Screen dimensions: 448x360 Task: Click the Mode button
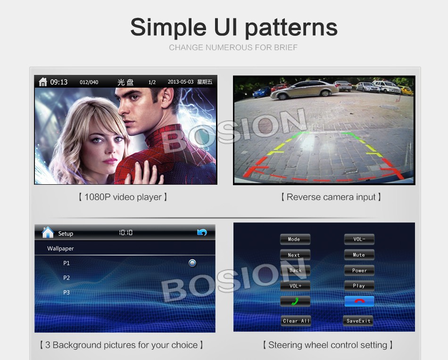coord(295,239)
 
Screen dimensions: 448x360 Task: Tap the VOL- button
coord(359,239)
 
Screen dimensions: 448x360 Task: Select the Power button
coord(359,270)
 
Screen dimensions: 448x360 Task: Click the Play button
coord(359,286)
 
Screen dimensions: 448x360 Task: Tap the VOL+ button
coord(295,286)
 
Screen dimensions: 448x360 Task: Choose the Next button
coord(295,255)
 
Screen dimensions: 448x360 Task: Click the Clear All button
coord(296,321)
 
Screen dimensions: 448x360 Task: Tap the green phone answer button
coord(295,301)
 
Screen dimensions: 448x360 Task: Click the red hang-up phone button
coord(359,301)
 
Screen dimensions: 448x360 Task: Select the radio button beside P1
coord(192,263)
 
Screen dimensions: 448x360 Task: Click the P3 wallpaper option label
coord(66,292)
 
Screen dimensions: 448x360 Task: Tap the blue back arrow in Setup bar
coord(202,232)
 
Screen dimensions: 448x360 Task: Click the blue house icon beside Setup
coord(48,232)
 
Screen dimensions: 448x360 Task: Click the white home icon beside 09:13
coord(43,82)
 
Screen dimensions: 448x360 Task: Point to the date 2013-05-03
coord(181,82)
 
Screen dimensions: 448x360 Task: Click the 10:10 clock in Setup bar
coord(126,233)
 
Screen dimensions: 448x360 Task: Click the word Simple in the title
coord(168,27)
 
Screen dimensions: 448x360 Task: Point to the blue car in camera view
coord(261,92)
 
